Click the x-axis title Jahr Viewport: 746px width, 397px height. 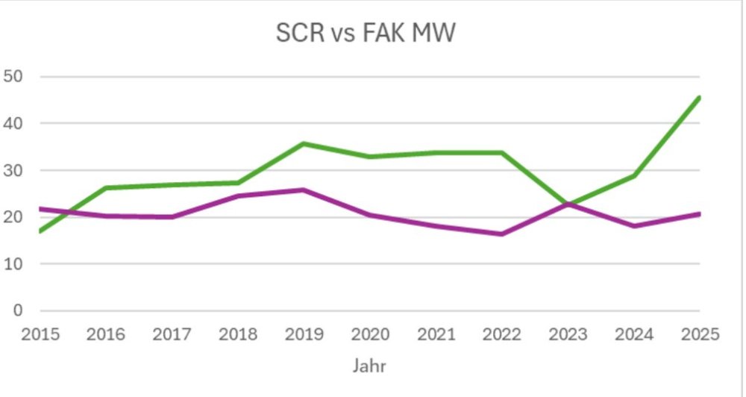tap(369, 366)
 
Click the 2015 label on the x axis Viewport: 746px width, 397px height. tap(40, 334)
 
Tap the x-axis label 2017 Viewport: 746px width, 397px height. tap(172, 334)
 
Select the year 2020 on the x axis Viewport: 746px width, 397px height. tap(369, 334)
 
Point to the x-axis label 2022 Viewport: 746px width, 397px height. tap(501, 334)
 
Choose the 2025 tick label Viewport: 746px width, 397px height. tap(699, 334)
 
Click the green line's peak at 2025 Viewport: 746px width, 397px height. tap(699, 98)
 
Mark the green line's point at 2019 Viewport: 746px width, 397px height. tap(304, 143)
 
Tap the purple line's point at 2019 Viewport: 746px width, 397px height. tap(304, 190)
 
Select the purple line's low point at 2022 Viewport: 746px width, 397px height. tap(501, 234)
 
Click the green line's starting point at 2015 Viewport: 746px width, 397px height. tap(40, 231)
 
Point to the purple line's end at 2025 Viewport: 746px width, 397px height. tap(699, 214)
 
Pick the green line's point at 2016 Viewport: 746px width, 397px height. tap(106, 188)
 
